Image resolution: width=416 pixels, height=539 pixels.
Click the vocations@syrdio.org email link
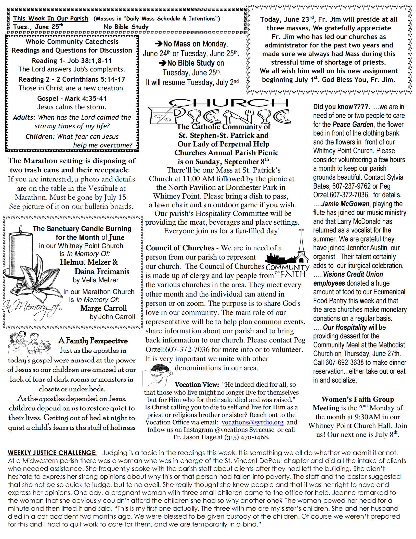point(252,422)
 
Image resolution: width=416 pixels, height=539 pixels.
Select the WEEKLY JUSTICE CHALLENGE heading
point(52,453)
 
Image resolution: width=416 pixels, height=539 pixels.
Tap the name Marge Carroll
point(103,308)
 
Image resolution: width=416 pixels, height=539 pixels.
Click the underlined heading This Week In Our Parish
point(50,18)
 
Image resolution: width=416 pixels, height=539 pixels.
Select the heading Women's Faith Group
point(358,399)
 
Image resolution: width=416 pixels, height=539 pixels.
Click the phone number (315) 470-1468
point(247,437)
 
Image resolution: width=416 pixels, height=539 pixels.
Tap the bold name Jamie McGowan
point(345,204)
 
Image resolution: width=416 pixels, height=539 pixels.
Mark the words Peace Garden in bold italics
point(353,125)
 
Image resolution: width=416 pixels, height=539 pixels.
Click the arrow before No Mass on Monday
point(158,44)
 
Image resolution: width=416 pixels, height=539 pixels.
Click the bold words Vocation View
point(197,385)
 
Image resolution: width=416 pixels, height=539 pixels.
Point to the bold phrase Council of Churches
point(180,248)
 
